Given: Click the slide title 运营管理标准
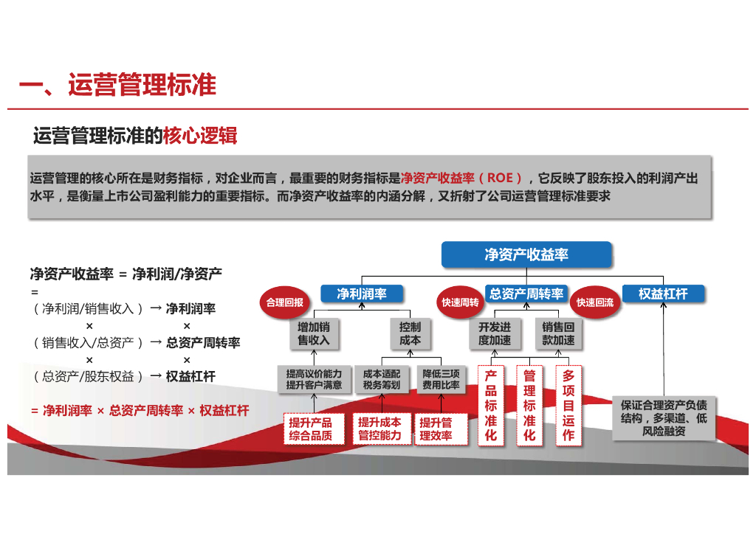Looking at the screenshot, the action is pyautogui.click(x=117, y=85).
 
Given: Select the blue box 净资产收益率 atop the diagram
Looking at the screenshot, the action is pyautogui.click(x=526, y=254).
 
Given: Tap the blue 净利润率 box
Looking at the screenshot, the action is pyautogui.click(x=362, y=294).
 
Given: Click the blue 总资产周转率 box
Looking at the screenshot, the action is pyautogui.click(x=526, y=294).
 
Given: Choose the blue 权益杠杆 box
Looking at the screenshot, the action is pyautogui.click(x=663, y=294).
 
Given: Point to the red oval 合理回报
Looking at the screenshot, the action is pyautogui.click(x=285, y=302).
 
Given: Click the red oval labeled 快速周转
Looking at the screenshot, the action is pyautogui.click(x=460, y=302).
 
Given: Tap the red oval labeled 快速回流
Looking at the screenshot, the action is pyautogui.click(x=595, y=302).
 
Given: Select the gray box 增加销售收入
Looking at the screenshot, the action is pyautogui.click(x=314, y=333).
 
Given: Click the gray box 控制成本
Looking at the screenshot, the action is pyautogui.click(x=410, y=333).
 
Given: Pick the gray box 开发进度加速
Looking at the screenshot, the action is pyautogui.click(x=494, y=333).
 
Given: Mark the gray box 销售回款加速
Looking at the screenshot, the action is pyautogui.click(x=558, y=333).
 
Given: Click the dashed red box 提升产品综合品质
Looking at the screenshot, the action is pyautogui.click(x=310, y=429).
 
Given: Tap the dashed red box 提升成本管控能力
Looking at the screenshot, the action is pyautogui.click(x=379, y=429).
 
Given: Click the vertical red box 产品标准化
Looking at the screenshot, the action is pyautogui.click(x=491, y=406).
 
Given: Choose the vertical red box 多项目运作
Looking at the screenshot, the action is pyautogui.click(x=568, y=406).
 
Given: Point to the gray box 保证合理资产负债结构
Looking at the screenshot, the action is pyautogui.click(x=664, y=418).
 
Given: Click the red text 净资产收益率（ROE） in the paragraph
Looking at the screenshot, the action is pyautogui.click(x=461, y=178).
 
